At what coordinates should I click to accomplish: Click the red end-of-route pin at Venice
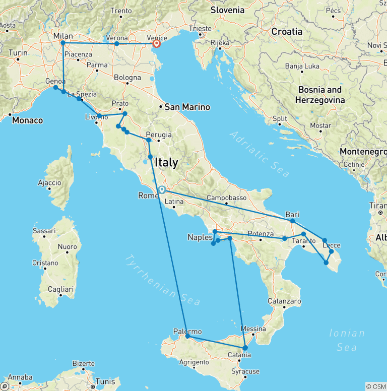156,43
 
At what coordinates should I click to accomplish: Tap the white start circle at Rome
162,190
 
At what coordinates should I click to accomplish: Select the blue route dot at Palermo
187,336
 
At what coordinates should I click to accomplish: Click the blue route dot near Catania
245,348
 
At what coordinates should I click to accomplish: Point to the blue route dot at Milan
63,43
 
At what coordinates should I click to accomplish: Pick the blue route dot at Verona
117,44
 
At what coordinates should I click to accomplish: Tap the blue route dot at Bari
292,221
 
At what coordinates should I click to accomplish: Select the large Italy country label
166,163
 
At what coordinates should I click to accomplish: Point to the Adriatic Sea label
260,154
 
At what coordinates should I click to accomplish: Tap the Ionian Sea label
347,340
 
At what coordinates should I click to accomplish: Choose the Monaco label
28,120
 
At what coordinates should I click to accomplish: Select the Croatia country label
287,31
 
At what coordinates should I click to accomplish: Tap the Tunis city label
106,381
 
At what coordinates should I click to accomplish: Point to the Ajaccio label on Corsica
49,182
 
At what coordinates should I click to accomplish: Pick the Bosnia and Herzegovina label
320,95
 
